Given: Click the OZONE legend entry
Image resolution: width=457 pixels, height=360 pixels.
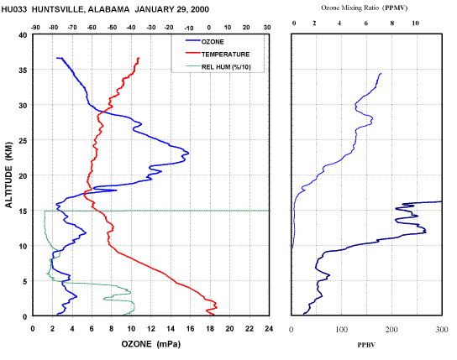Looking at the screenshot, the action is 205,42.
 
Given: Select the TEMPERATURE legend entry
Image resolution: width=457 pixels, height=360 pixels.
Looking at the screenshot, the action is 218,55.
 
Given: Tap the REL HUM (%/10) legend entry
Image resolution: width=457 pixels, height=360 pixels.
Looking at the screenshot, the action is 218,67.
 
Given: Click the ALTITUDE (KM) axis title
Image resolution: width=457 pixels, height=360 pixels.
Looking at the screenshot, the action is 9,175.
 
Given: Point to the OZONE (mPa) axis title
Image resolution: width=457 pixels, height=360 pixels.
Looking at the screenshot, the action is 151,344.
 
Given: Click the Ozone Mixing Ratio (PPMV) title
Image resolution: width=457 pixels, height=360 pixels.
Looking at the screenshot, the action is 364,8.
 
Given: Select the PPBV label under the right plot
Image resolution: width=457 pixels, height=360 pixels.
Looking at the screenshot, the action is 366,345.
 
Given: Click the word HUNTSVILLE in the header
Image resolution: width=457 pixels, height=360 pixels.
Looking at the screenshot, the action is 58,9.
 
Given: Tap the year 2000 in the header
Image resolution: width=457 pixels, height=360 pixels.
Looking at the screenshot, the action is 200,9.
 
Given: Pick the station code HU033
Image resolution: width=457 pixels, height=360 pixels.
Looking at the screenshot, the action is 14,9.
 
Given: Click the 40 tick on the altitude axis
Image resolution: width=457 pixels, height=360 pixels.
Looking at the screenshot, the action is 23,35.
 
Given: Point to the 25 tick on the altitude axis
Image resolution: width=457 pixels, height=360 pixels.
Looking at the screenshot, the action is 23,141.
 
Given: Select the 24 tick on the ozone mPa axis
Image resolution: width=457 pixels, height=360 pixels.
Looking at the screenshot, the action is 269,329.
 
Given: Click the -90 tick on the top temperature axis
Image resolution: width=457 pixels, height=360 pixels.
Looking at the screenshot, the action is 35,28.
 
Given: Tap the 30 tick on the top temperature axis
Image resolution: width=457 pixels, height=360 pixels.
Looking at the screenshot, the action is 267,28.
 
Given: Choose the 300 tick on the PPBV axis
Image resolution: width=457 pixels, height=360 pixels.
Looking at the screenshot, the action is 442,330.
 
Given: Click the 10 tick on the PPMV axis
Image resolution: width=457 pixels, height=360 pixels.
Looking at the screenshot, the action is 415,23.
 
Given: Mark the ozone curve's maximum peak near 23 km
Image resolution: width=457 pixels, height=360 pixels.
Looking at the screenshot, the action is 188,153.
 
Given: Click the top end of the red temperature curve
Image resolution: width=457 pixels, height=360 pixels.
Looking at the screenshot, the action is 139,58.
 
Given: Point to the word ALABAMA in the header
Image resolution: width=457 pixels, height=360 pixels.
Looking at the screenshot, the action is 108,9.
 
